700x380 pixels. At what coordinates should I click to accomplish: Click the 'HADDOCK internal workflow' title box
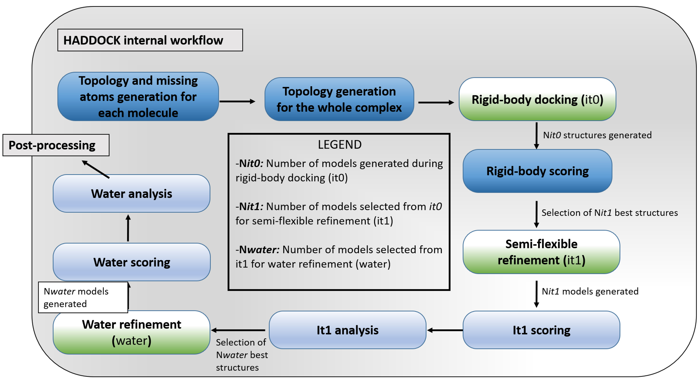pyautogui.click(x=150, y=40)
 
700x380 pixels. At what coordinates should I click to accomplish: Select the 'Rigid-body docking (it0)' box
pyautogui.click(x=537, y=99)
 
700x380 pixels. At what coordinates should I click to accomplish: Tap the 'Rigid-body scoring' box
pyautogui.click(x=537, y=171)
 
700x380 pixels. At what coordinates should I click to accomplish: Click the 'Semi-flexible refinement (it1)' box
pyautogui.click(x=541, y=252)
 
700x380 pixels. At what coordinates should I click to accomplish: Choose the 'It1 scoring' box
pyautogui.click(x=541, y=330)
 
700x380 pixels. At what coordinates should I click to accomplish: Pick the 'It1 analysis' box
pyautogui.click(x=347, y=330)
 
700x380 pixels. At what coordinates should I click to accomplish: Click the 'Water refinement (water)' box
pyautogui.click(x=132, y=332)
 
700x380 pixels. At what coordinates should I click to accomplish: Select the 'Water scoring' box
pyautogui.click(x=132, y=262)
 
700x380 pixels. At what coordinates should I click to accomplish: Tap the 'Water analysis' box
pyautogui.click(x=132, y=193)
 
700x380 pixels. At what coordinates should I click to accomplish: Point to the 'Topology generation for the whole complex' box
pyautogui.click(x=339, y=99)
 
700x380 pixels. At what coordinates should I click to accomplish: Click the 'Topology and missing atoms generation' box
pyautogui.click(x=138, y=96)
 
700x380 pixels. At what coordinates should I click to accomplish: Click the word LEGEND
pyautogui.click(x=340, y=144)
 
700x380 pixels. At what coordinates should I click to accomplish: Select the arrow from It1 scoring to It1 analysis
pyautogui.click(x=445, y=330)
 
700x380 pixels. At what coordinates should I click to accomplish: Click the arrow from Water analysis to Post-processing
pyautogui.click(x=96, y=169)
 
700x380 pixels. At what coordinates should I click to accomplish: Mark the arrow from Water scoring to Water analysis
pyautogui.click(x=128, y=228)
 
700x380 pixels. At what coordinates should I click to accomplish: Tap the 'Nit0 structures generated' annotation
pyautogui.click(x=597, y=135)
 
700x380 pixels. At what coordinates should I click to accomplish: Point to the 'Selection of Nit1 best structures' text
pyautogui.click(x=609, y=213)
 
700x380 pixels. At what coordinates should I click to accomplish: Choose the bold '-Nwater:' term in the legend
pyautogui.click(x=257, y=250)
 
